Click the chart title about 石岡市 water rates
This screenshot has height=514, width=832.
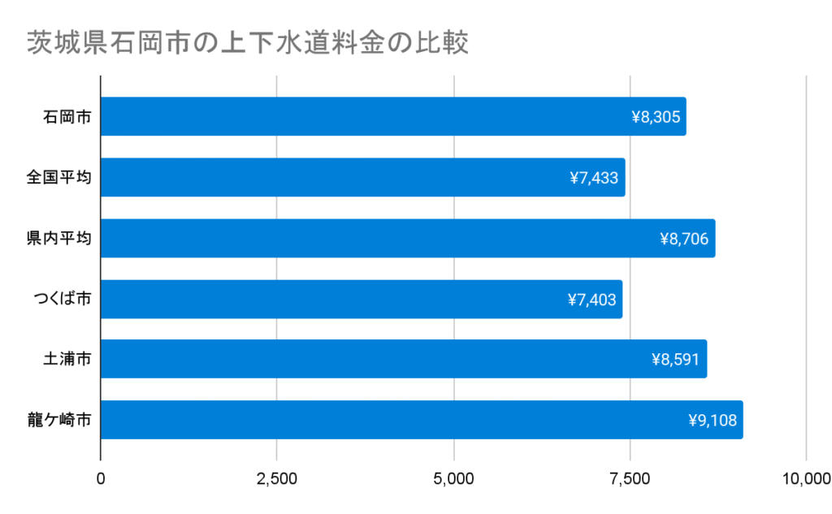(247, 42)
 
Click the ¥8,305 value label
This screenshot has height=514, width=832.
(655, 117)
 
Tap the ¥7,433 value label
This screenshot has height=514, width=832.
(594, 178)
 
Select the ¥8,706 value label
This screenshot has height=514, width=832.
(684, 239)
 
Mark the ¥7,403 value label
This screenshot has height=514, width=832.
(591, 300)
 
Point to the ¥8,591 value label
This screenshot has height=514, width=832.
(675, 359)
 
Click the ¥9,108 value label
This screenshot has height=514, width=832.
(712, 420)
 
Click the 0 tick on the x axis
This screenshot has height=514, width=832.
(101, 478)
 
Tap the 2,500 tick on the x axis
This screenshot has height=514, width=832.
(277, 478)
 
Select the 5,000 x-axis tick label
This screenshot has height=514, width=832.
(453, 478)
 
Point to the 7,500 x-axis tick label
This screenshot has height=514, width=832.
(630, 478)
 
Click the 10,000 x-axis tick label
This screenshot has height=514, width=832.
(804, 478)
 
